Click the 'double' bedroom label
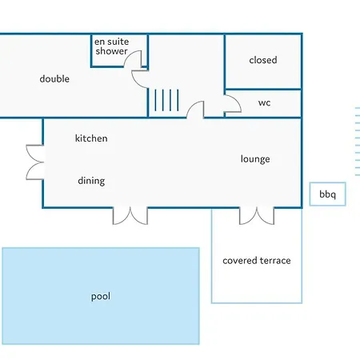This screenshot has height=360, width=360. pos(54,79)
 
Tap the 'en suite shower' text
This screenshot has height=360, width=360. pos(112,46)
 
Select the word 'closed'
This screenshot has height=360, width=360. pos(263,60)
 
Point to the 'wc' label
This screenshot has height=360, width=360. pos(264,103)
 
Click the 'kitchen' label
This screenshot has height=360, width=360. pos(91,138)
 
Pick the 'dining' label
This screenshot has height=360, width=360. pos(91,181)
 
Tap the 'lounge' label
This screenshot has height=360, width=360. pos(255,159)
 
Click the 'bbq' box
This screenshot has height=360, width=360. pos(328,194)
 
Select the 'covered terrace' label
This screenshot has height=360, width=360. pos(257,261)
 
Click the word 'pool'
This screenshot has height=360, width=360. pos(101,296)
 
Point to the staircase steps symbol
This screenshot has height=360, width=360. pos(166,100)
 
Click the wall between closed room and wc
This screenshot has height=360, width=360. pos(263,89)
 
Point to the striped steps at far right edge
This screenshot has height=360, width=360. pos(358,142)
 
